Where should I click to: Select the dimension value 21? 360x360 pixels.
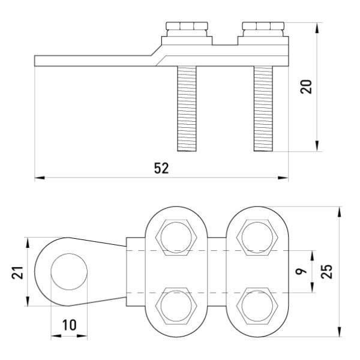pos(17,273)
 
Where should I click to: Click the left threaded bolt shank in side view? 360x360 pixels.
pos(187,108)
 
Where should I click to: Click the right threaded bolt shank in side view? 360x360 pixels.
pos(263,108)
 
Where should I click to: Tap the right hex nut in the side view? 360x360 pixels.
pos(262,28)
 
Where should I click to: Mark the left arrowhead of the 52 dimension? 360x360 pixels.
pos(38,178)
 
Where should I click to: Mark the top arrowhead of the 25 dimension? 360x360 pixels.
pos(340,211)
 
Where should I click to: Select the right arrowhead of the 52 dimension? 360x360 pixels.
pos(284,178)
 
